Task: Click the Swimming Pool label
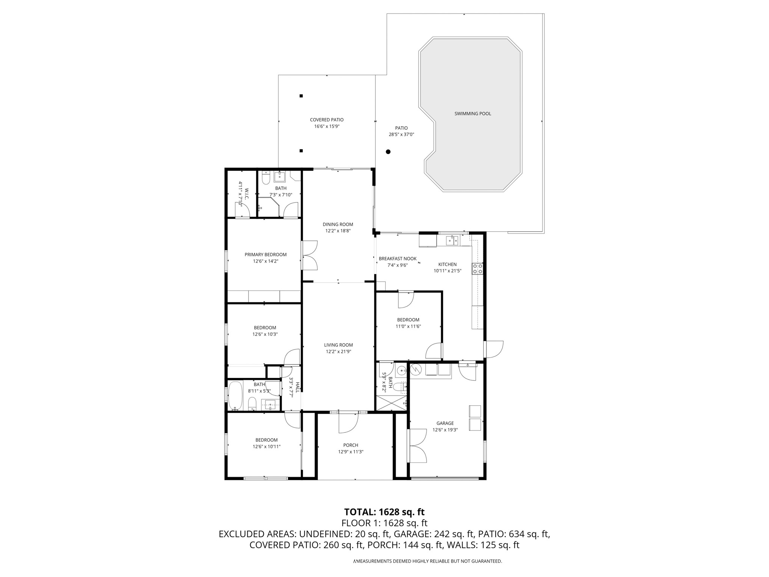tap(473, 113)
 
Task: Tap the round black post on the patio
tap(388, 152)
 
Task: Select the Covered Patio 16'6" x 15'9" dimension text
tap(327, 127)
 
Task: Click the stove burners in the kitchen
tap(478, 269)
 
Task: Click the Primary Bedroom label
tap(265, 255)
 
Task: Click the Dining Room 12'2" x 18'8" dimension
tap(338, 231)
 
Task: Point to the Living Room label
tap(338, 345)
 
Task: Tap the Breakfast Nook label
tap(398, 258)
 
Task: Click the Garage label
tap(445, 423)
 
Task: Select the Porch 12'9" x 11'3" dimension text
tap(350, 452)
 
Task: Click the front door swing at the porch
tap(347, 423)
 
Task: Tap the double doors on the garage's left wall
tap(418, 446)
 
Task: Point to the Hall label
tap(297, 388)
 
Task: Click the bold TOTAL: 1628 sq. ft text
tap(384, 512)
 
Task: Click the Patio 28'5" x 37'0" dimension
tap(401, 134)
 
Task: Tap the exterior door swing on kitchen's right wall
tap(494, 349)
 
